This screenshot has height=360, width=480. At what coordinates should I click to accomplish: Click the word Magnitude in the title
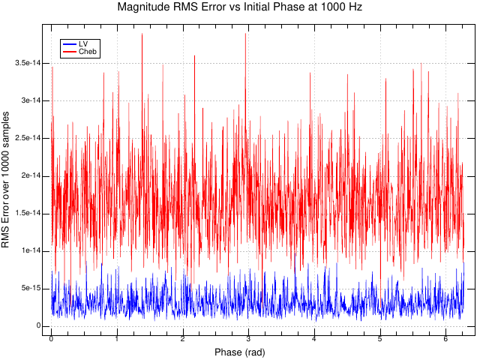pyautogui.click(x=145, y=7)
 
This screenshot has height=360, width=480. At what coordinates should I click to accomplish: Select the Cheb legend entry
pyautogui.click(x=88, y=52)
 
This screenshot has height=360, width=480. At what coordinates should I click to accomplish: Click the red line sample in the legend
pyautogui.click(x=69, y=52)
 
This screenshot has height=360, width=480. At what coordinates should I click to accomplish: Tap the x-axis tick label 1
pyautogui.click(x=117, y=339)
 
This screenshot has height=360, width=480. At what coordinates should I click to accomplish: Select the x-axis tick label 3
pyautogui.click(x=248, y=339)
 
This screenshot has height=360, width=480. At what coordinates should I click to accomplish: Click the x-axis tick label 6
pyautogui.click(x=445, y=339)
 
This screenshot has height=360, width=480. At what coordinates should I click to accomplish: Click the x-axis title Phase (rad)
pyautogui.click(x=239, y=352)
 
